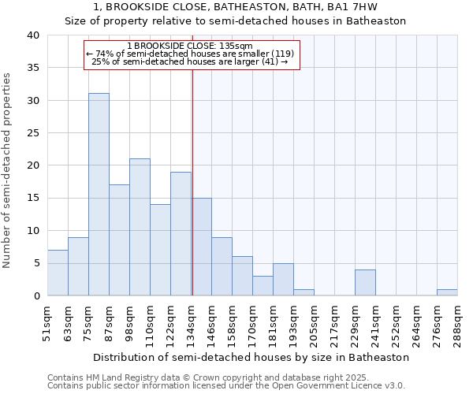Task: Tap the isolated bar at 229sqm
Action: point(365,283)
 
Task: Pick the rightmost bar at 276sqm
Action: point(447,292)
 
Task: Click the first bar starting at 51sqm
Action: point(58,273)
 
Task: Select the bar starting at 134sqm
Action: point(201,247)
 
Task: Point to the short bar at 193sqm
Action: point(304,292)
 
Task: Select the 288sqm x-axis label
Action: point(457,322)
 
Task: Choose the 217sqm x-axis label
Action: point(334,322)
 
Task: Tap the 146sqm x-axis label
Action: point(211,322)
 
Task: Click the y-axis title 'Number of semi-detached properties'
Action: point(8,170)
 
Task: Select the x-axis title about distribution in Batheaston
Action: point(251,357)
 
